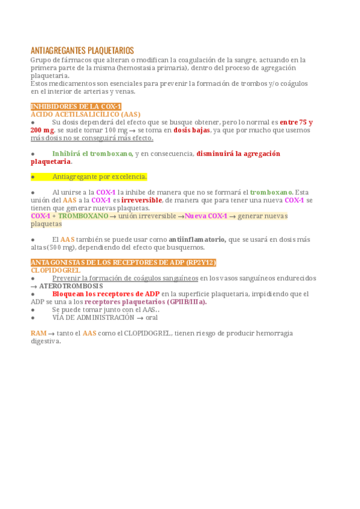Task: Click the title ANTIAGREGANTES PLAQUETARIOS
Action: (x=82, y=50)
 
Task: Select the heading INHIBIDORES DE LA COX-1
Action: (x=76, y=106)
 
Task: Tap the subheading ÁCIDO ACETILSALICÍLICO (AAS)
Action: (x=85, y=113)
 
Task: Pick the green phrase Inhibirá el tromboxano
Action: (x=92, y=154)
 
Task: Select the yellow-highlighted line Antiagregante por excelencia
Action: (x=99, y=176)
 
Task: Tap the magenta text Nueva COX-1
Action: (x=206, y=215)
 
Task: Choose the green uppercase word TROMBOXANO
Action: (x=83, y=215)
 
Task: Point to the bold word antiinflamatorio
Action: (x=197, y=239)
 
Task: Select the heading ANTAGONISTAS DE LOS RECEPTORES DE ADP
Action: (x=123, y=262)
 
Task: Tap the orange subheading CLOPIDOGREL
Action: (x=55, y=270)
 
